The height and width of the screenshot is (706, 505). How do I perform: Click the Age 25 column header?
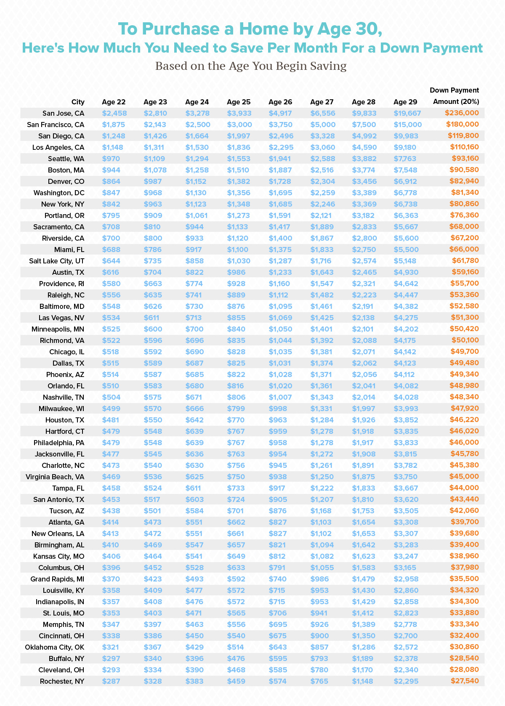[x=239, y=102]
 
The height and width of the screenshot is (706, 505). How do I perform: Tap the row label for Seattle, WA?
[x=66, y=159]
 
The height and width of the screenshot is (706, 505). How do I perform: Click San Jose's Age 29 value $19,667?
[x=407, y=113]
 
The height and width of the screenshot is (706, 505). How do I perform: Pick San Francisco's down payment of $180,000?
[x=461, y=125]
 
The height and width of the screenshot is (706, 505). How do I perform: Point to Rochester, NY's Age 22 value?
[x=111, y=681]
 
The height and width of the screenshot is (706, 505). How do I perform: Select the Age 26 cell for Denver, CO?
[x=280, y=181]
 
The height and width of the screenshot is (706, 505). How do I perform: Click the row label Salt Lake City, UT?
[x=57, y=261]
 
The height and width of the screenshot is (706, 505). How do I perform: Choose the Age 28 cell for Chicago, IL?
[x=362, y=352]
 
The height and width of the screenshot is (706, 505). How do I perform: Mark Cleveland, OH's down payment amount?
[x=465, y=669]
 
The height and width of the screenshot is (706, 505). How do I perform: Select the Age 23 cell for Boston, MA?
[x=155, y=170]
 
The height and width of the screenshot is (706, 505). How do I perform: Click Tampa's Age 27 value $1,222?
[x=322, y=488]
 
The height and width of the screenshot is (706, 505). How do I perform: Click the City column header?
[x=78, y=102]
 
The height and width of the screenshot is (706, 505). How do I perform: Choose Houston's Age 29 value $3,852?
[x=405, y=420]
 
